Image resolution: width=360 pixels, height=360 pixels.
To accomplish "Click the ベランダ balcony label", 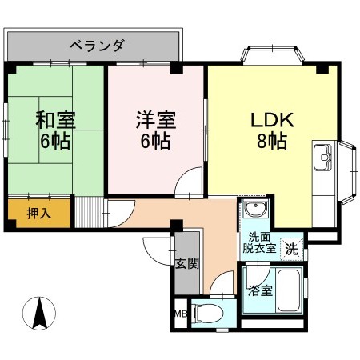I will (x=95, y=46).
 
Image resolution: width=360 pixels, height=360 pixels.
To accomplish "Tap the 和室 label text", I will (x=55, y=122).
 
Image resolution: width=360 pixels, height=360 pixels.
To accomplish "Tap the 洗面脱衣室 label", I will (x=260, y=242).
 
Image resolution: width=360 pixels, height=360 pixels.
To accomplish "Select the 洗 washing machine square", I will (x=292, y=249).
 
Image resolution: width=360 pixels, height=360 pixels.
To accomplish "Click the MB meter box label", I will (x=178, y=314).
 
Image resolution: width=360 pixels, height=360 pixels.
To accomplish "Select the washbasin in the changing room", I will (x=255, y=210).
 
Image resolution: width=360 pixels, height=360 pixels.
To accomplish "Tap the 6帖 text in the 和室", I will (x=55, y=144).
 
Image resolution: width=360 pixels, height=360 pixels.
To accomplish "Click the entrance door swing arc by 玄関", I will (x=156, y=252).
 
